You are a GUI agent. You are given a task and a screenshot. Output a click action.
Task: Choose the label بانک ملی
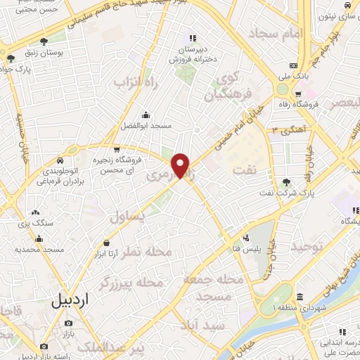point(294,74)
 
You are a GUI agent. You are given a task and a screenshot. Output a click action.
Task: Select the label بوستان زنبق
point(53,54)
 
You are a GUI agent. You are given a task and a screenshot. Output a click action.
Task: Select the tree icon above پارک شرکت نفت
point(285,183)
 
